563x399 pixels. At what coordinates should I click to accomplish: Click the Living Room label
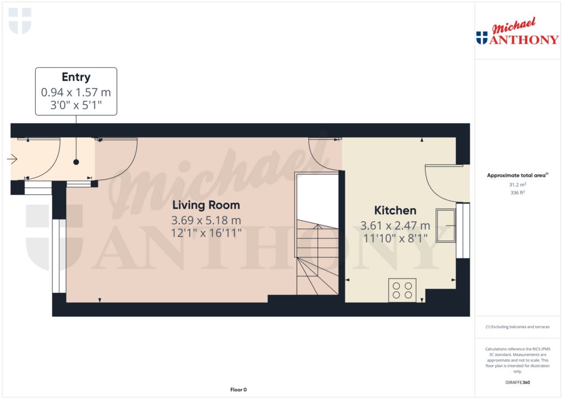[x=206, y=206]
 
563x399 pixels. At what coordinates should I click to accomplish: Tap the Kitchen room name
[x=395, y=210]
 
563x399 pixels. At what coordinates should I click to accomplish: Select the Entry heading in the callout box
[x=76, y=77]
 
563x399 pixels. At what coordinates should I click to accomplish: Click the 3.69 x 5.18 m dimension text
[x=207, y=221]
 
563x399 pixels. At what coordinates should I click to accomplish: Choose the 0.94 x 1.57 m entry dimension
[x=76, y=92]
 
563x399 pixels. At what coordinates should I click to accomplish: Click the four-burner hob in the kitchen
[x=402, y=290]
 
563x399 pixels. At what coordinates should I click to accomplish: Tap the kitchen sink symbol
[x=446, y=225]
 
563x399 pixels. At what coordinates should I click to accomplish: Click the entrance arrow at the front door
[x=12, y=160]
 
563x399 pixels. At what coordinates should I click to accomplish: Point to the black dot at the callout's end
[x=76, y=162]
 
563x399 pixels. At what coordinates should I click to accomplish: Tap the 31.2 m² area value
[x=517, y=185]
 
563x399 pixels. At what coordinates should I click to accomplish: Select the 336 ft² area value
[x=517, y=193]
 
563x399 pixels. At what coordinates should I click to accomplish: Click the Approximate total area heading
[x=517, y=176]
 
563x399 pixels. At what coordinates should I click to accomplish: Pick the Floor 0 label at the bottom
[x=238, y=390]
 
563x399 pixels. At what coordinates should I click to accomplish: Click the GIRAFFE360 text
[x=517, y=382]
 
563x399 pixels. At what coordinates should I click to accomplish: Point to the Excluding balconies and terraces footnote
[x=517, y=327]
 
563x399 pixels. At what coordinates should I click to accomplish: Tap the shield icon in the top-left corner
[x=20, y=21]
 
